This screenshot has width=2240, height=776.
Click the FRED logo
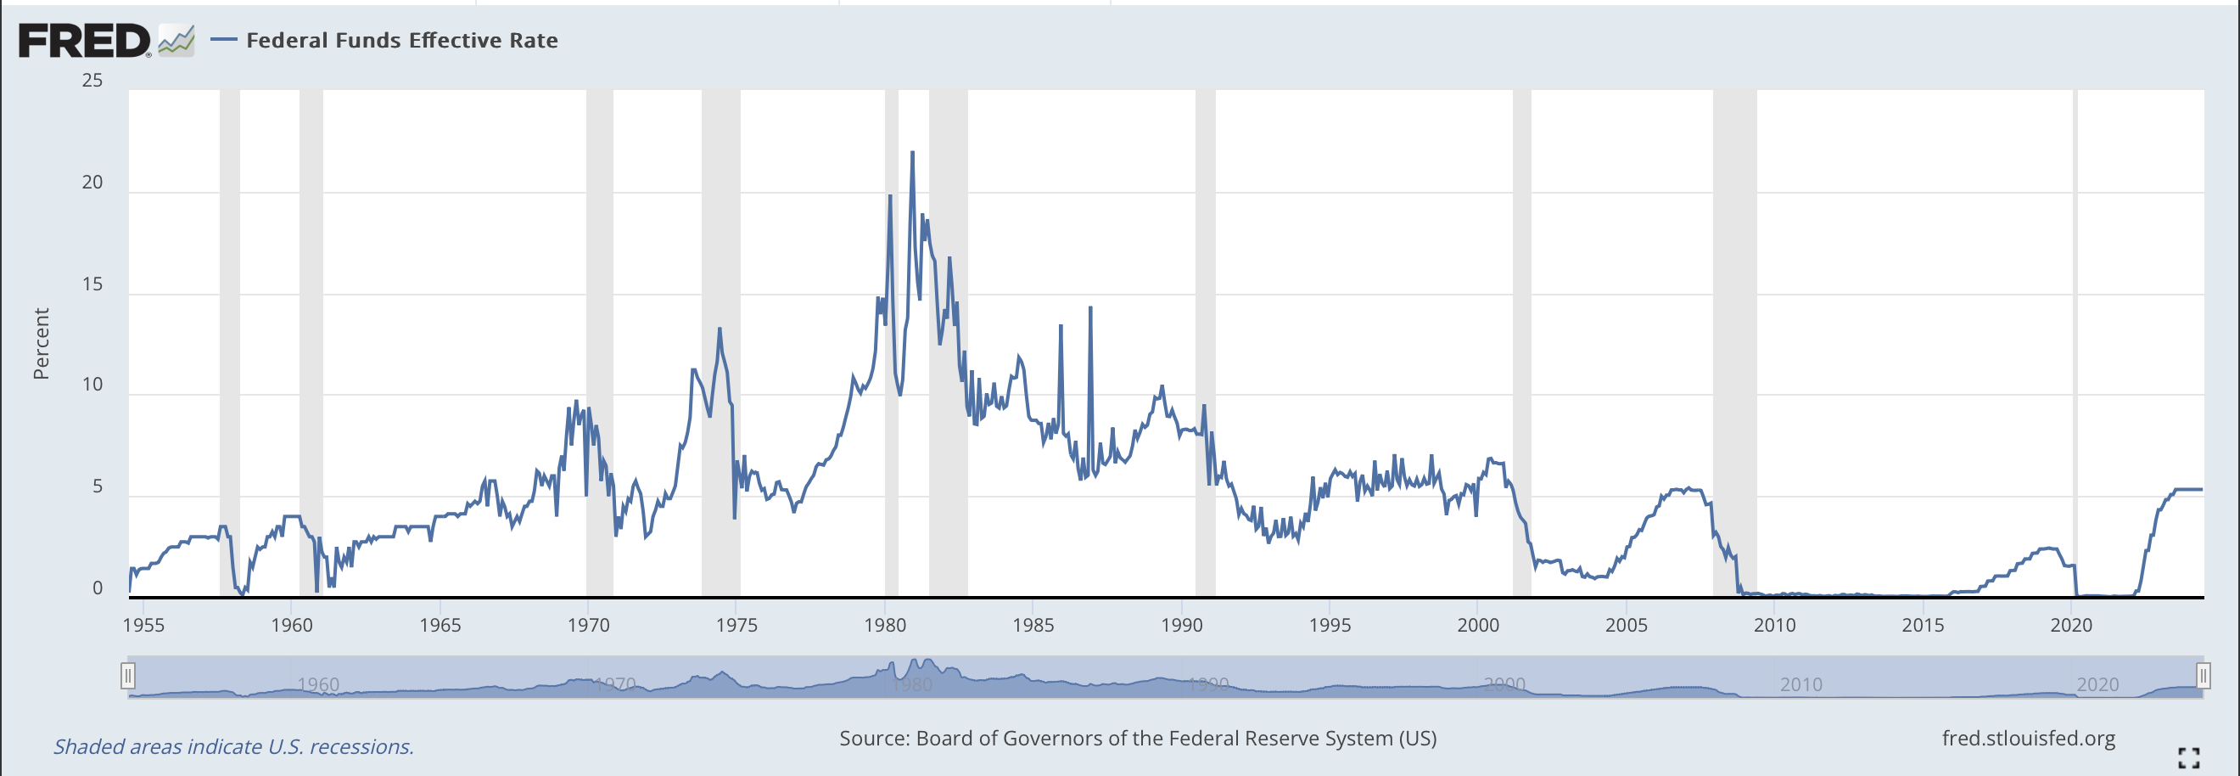(84, 41)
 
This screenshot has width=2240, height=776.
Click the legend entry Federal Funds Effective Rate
(400, 41)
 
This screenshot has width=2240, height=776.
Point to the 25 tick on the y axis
(92, 81)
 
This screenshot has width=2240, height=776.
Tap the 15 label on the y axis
(92, 284)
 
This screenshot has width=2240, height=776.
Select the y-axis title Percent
(41, 344)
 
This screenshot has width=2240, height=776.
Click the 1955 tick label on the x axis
(143, 625)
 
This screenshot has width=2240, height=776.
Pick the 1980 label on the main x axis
(884, 625)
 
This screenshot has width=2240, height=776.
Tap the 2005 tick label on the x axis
(1625, 625)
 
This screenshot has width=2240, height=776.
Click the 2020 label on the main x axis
(2070, 625)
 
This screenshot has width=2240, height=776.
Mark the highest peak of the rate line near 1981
(912, 153)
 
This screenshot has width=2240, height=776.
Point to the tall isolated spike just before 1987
(1090, 308)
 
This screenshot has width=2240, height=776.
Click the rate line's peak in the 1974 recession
(720, 329)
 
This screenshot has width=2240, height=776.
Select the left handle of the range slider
(128, 675)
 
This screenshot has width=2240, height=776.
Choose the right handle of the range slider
(2203, 675)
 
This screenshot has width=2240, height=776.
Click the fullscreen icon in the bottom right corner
(2189, 757)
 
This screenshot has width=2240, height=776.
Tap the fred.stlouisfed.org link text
(2028, 738)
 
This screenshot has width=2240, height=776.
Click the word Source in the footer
(873, 738)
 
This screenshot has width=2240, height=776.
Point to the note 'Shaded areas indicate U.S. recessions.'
(233, 746)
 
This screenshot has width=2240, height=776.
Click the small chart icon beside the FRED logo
(176, 40)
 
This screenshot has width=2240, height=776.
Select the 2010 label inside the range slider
(1800, 684)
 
